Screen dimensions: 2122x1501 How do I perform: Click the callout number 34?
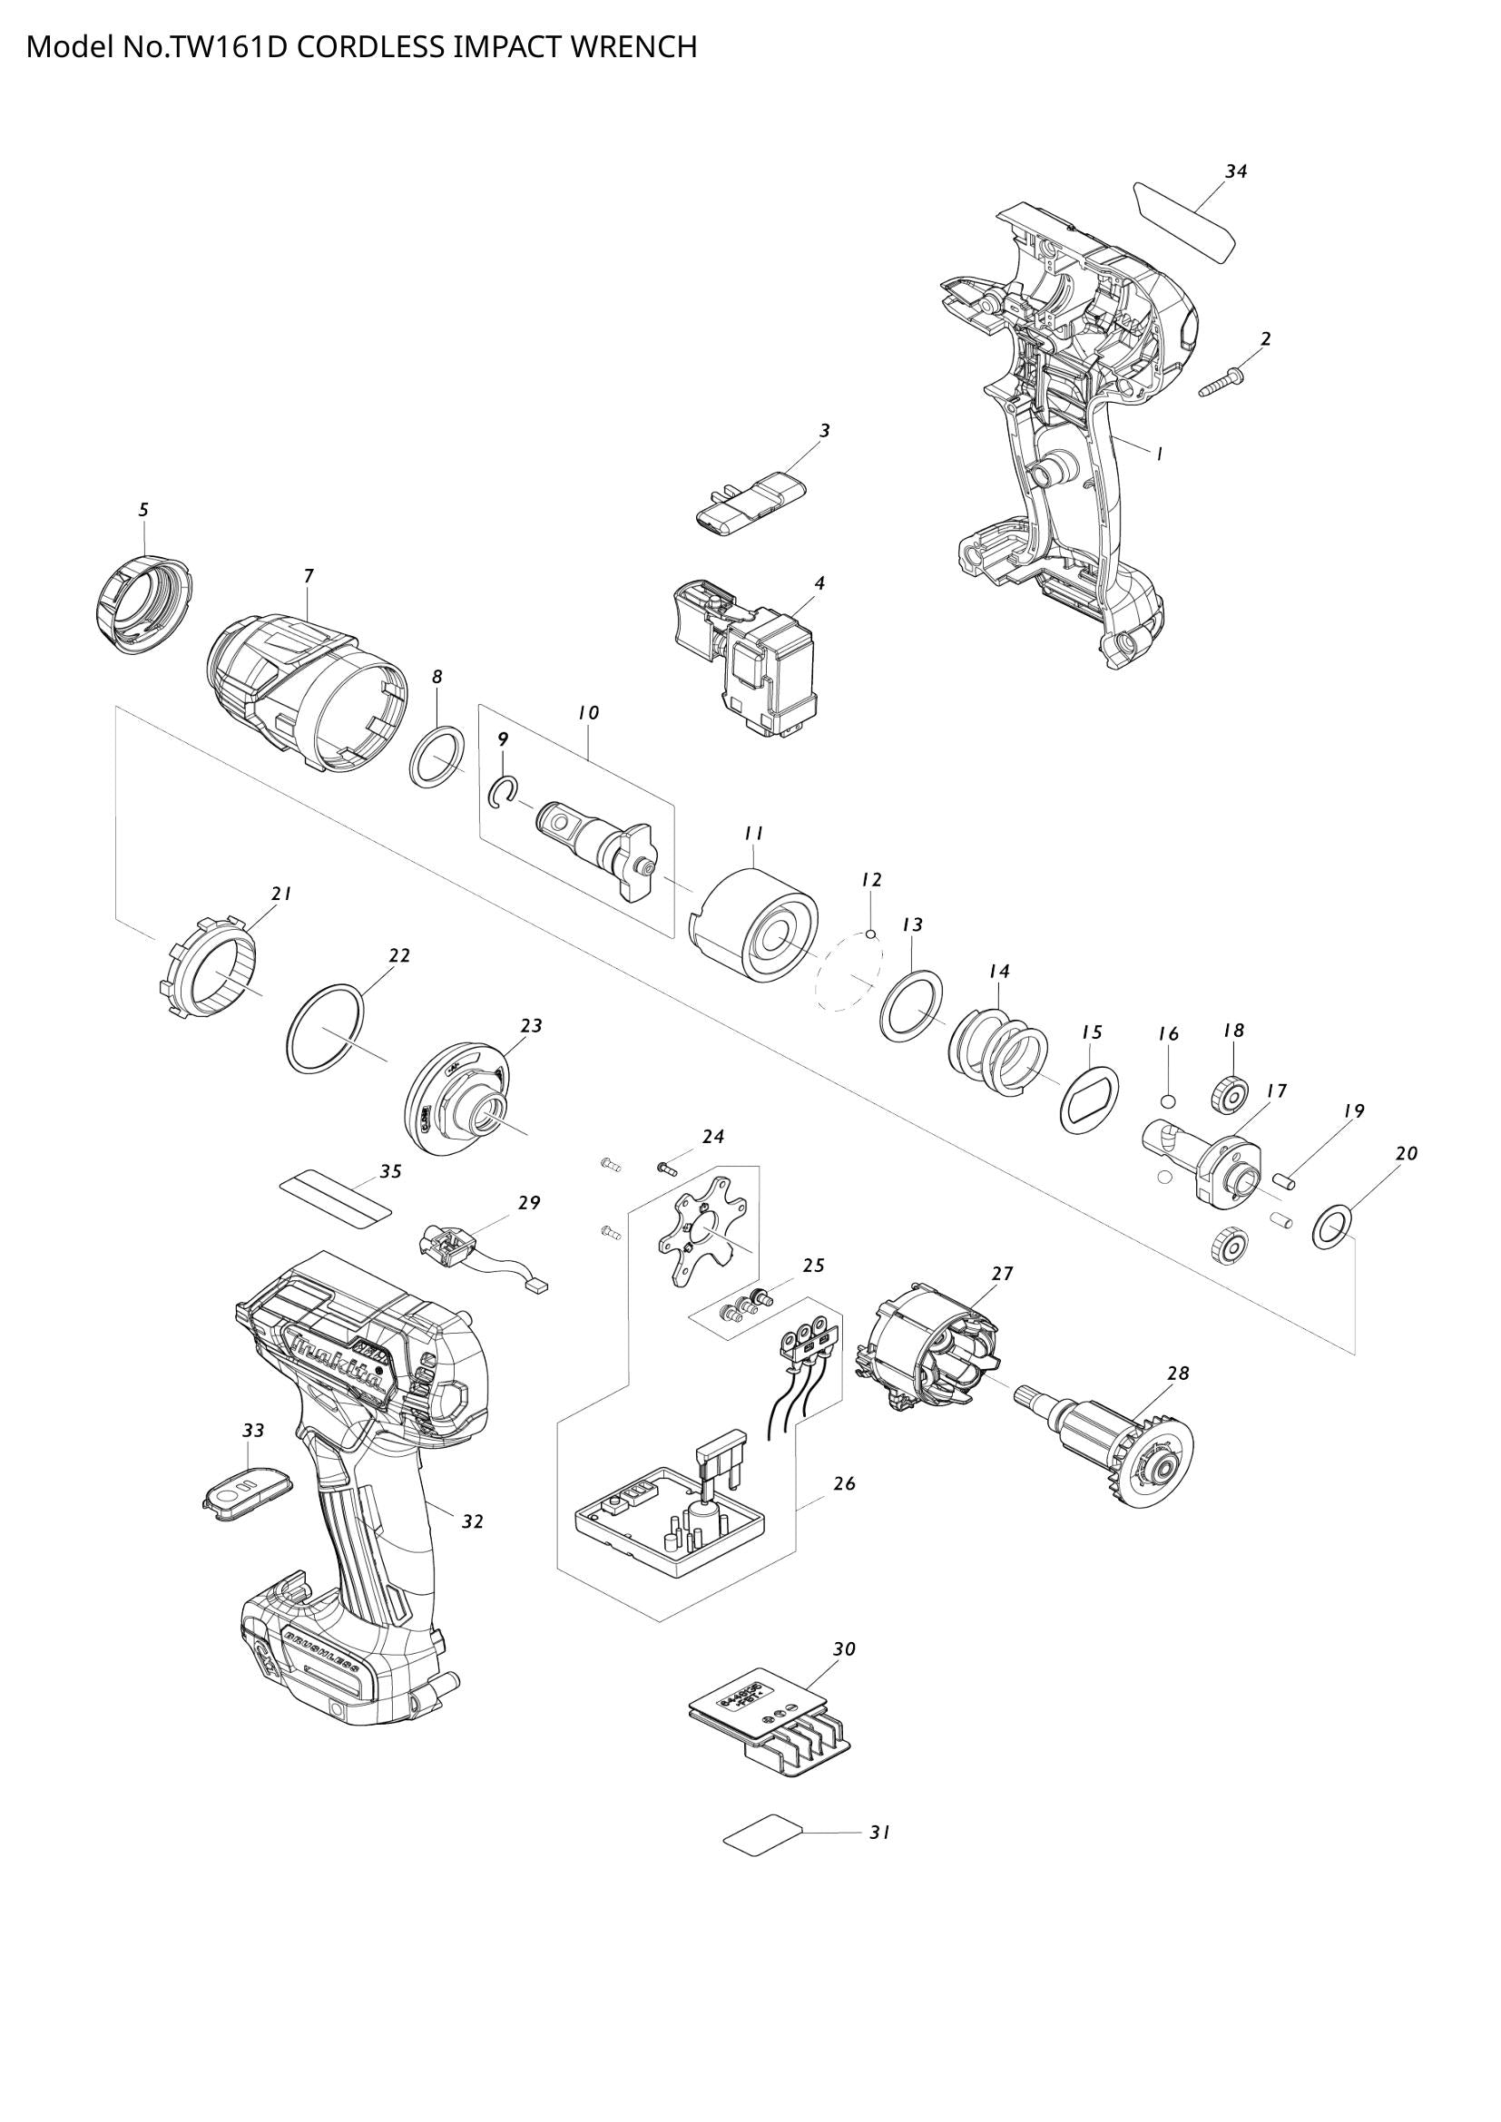point(1236,171)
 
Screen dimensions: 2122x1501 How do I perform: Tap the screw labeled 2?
point(1220,384)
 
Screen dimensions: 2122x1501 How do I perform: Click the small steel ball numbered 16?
point(1167,1100)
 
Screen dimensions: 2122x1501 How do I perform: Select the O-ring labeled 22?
point(324,1030)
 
